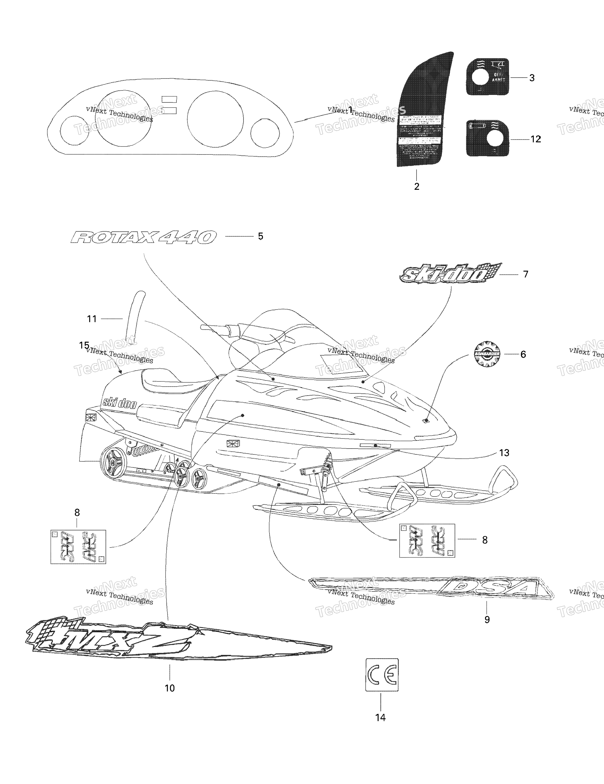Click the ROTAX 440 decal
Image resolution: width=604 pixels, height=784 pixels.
pyautogui.click(x=144, y=237)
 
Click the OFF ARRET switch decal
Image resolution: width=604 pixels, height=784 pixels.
pyautogui.click(x=487, y=77)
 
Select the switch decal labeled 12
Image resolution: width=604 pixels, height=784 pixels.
pyautogui.click(x=487, y=138)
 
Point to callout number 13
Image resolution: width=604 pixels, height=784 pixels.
pyautogui.click(x=504, y=453)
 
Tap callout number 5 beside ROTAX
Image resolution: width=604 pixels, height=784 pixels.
pyautogui.click(x=260, y=236)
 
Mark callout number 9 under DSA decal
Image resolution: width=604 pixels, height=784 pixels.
pyautogui.click(x=487, y=620)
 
